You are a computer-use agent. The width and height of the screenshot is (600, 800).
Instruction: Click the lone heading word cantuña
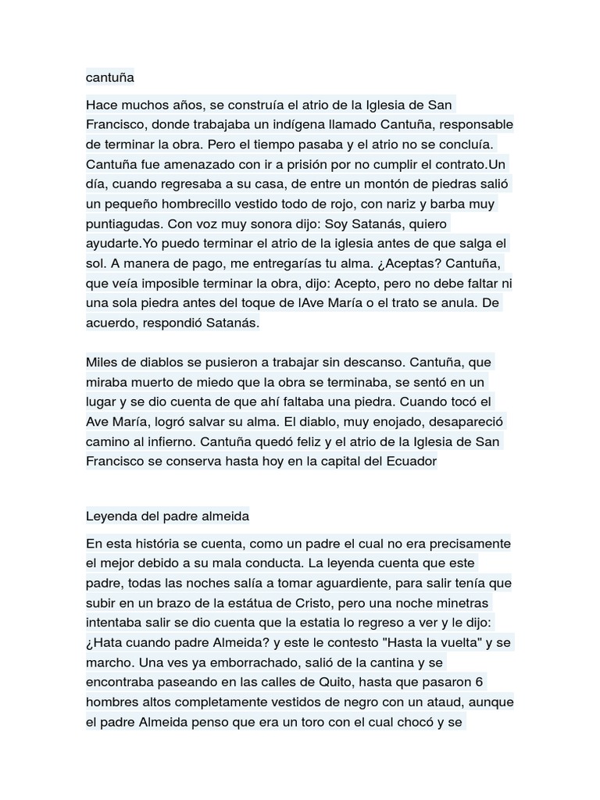tap(110, 77)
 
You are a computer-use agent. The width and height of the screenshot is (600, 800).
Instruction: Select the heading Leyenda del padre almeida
tap(167, 516)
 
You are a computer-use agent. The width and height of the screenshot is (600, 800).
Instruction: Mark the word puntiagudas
tap(125, 223)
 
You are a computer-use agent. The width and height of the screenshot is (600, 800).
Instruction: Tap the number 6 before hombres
tap(479, 682)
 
